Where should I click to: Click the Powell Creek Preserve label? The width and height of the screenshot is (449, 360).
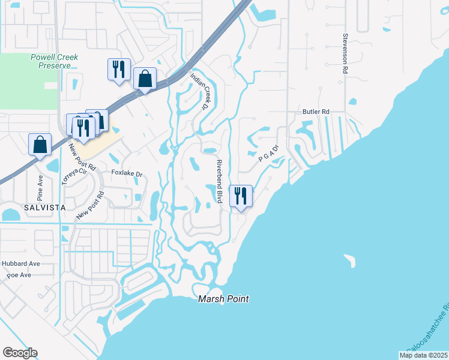(54, 61)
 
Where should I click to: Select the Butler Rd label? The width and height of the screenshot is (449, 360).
(316, 112)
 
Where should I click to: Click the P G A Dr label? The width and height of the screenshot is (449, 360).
(269, 154)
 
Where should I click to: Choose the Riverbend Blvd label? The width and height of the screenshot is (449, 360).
(220, 181)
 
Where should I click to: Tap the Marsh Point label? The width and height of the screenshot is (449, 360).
(223, 299)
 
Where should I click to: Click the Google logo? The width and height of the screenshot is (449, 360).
(20, 353)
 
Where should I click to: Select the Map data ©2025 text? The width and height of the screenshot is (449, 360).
(423, 355)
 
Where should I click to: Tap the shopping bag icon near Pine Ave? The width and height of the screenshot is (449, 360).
(40, 144)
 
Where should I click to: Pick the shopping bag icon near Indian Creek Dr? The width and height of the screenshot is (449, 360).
(145, 78)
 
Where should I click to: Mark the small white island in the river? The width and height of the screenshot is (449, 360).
(350, 260)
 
